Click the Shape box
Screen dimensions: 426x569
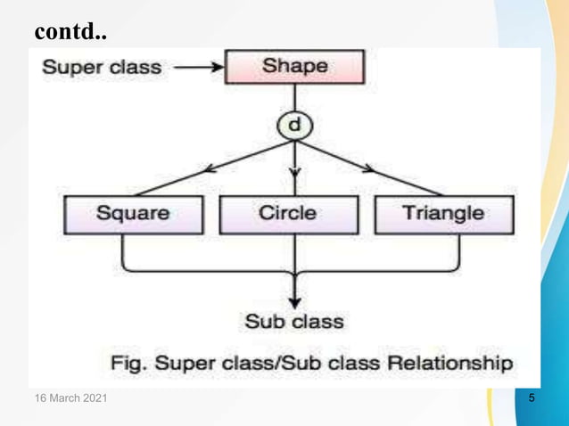tap(294, 67)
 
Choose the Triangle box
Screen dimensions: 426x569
tap(443, 214)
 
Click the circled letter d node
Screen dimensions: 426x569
tap(293, 126)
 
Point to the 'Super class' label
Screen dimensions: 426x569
tap(103, 66)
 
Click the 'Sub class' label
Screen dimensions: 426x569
tap(293, 321)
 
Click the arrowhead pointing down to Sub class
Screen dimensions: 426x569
tap(293, 301)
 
